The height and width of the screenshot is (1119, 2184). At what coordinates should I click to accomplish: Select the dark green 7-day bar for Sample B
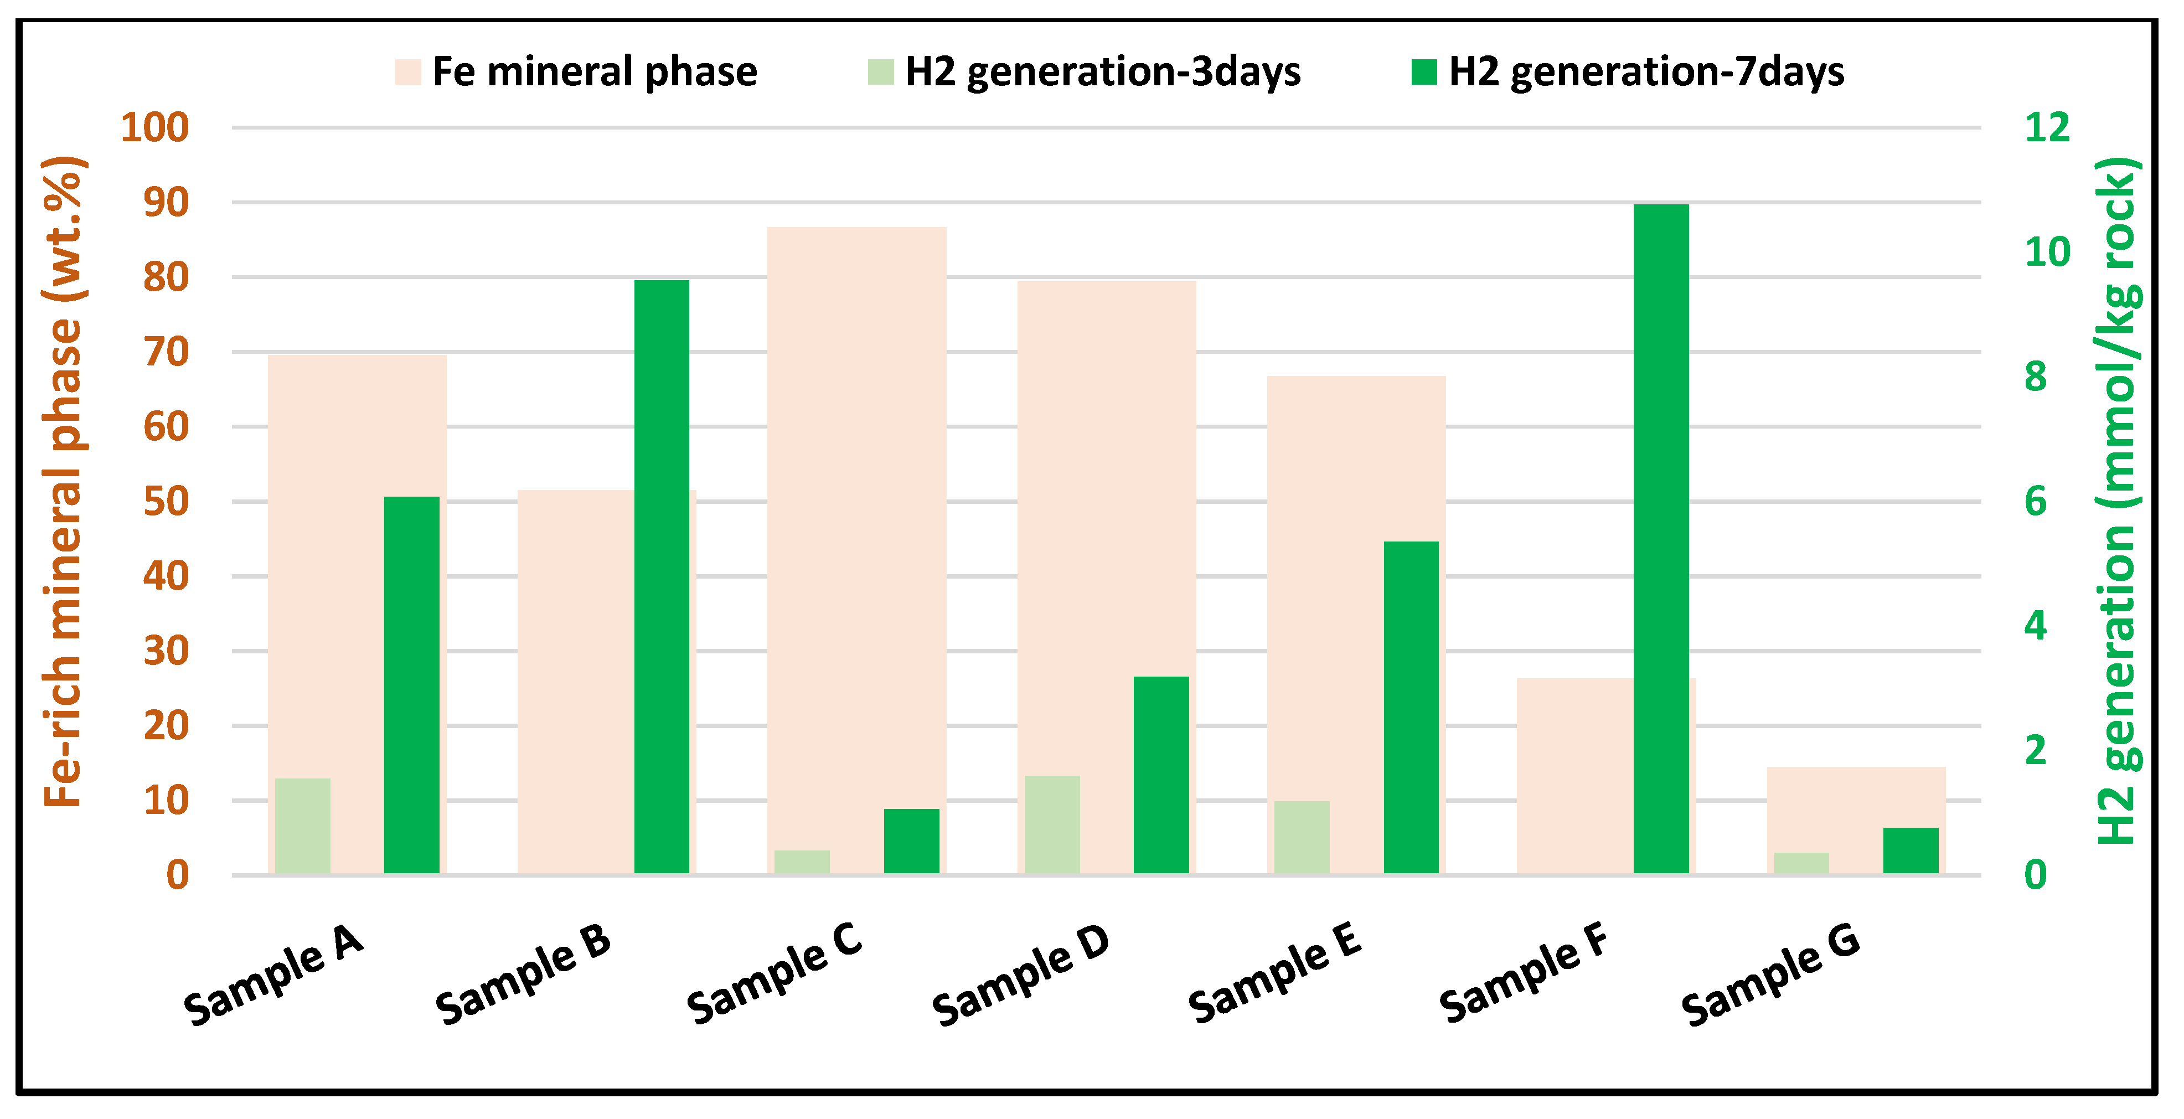tap(662, 576)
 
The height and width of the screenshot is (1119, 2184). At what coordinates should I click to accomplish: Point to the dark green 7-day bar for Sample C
tap(911, 841)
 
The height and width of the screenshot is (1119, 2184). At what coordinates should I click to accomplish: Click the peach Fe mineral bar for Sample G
tap(1855, 806)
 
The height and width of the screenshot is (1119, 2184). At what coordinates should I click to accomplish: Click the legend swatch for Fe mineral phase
tap(408, 72)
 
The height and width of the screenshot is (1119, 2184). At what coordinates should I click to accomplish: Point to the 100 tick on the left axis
tap(154, 128)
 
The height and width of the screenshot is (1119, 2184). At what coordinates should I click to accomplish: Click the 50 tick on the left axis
tap(166, 502)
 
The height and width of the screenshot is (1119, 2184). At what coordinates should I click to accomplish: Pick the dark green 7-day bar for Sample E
tap(1411, 707)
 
